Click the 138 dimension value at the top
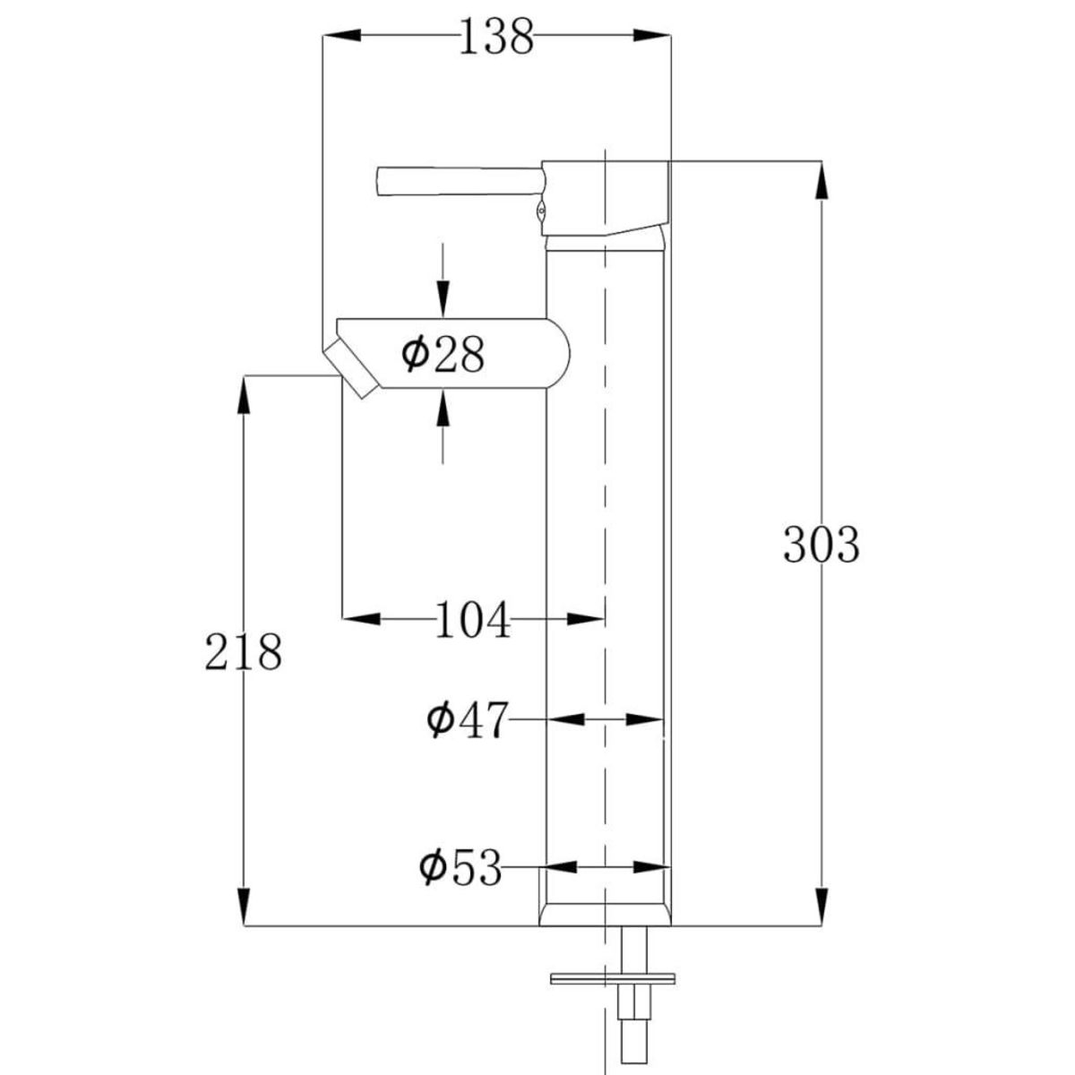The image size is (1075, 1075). point(495,37)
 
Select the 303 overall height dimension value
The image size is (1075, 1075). point(821,544)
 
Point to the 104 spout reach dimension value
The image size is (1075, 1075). point(472,620)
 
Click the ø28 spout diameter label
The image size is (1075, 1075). point(443,355)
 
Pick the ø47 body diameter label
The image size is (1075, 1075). point(467,719)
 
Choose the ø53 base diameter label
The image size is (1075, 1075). point(461,867)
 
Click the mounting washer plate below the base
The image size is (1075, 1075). point(613,977)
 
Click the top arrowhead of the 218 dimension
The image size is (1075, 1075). point(242,395)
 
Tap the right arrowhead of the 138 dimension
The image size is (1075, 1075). point(650,35)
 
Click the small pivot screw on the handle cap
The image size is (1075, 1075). point(539,212)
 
